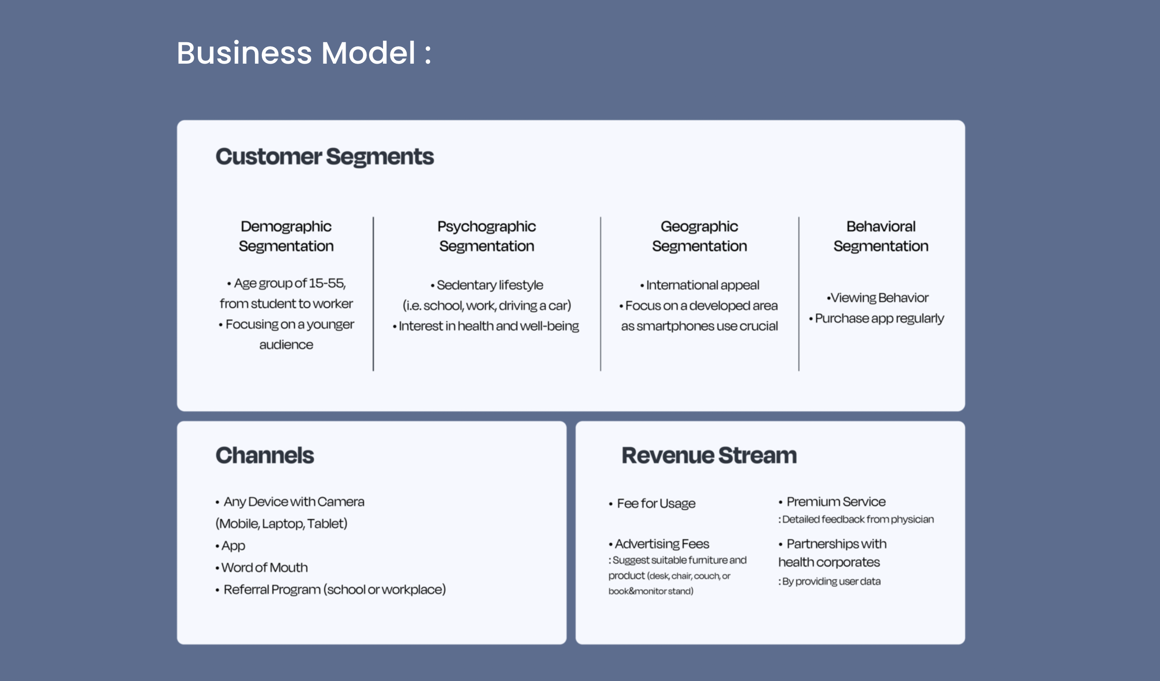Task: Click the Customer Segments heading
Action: [x=325, y=157]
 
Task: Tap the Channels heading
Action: [x=265, y=456]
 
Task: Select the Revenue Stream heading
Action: [x=709, y=456]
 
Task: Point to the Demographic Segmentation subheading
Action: [x=286, y=236]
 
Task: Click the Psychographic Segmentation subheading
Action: [x=487, y=236]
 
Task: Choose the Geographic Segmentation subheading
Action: [x=699, y=236]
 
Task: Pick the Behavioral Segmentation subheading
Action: [x=881, y=236]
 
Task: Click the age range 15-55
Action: [x=327, y=283]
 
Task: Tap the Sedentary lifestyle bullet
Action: [x=487, y=286]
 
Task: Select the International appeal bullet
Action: [x=699, y=286]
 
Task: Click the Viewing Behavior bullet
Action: [x=877, y=298]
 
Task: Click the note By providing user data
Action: [x=830, y=582]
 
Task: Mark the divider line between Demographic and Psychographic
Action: [x=373, y=294]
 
